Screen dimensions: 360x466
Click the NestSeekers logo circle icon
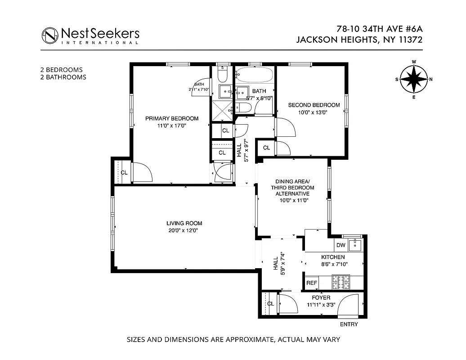click(50, 35)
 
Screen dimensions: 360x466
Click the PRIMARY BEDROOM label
click(171, 118)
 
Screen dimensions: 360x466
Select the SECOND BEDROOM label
click(314, 105)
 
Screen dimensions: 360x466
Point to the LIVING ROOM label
click(184, 223)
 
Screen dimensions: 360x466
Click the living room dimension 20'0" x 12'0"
click(184, 230)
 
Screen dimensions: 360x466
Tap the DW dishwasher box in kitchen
click(341, 245)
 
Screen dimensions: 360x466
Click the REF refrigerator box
click(311, 283)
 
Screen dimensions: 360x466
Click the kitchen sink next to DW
click(356, 244)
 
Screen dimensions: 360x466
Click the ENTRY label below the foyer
click(349, 324)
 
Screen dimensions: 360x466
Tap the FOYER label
click(321, 297)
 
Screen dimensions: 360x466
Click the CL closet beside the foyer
click(270, 304)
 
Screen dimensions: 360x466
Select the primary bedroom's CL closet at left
click(124, 172)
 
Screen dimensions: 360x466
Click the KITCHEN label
click(333, 257)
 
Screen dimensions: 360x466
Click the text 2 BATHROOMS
click(63, 77)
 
